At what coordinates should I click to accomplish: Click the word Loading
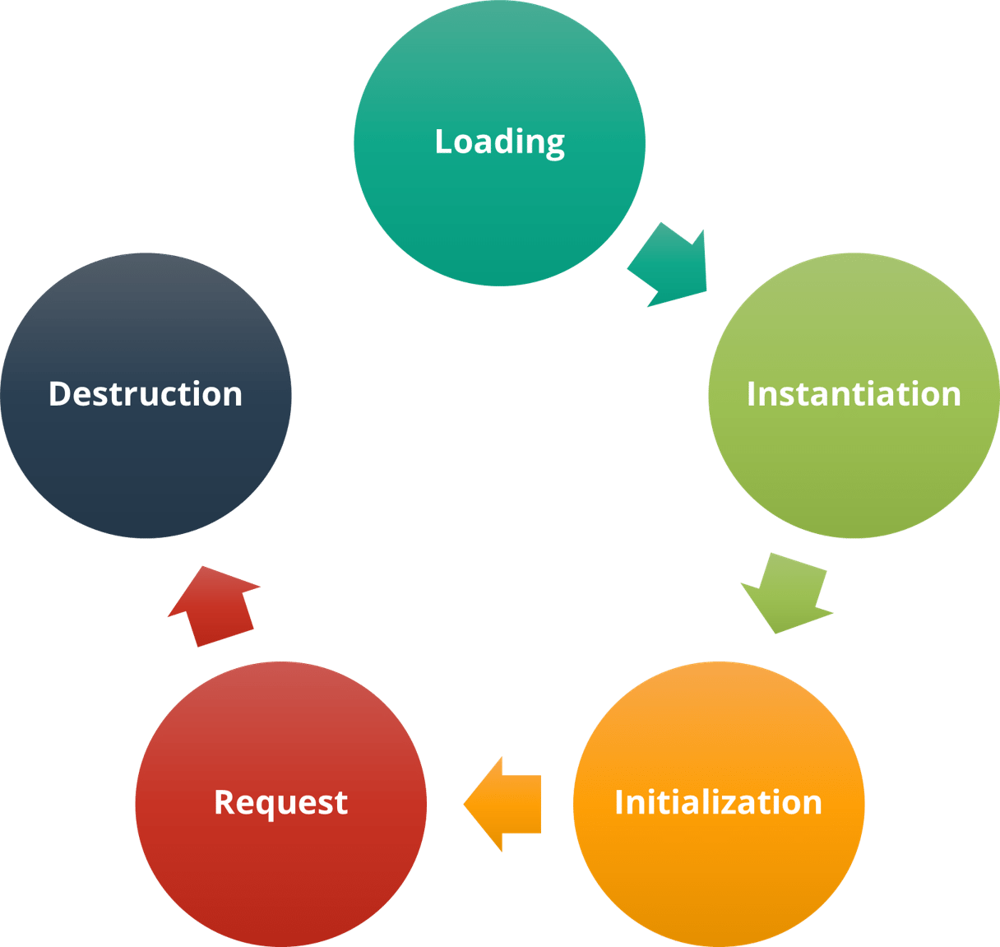coord(499,142)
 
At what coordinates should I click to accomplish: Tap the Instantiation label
coord(854,394)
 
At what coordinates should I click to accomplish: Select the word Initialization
coord(718,802)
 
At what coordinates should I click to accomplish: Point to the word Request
coord(280,802)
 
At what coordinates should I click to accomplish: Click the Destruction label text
coord(146,394)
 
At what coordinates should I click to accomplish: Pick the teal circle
coord(499,214)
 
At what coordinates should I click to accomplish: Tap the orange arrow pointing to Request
coord(503,804)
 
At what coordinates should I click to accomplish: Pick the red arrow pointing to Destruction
coord(213,604)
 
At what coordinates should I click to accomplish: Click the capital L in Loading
coord(442,142)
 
